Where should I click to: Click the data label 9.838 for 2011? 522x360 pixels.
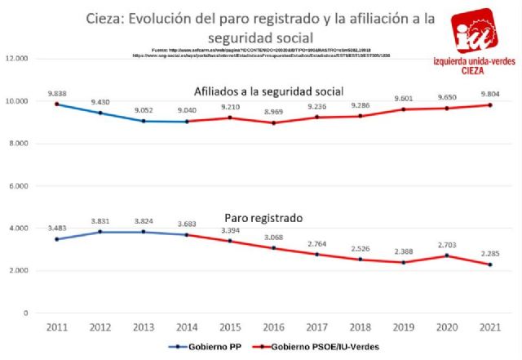57,93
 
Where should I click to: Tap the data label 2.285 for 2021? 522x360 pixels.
490,253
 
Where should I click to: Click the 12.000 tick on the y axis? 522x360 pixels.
17,59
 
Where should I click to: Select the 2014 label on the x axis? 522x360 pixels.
188,326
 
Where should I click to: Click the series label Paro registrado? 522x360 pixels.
263,219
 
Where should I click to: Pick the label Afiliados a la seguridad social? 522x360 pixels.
268,90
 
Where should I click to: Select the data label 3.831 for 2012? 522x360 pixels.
100,221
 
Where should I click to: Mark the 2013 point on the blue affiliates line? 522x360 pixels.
144,121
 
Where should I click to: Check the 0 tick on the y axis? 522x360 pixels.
26,313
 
